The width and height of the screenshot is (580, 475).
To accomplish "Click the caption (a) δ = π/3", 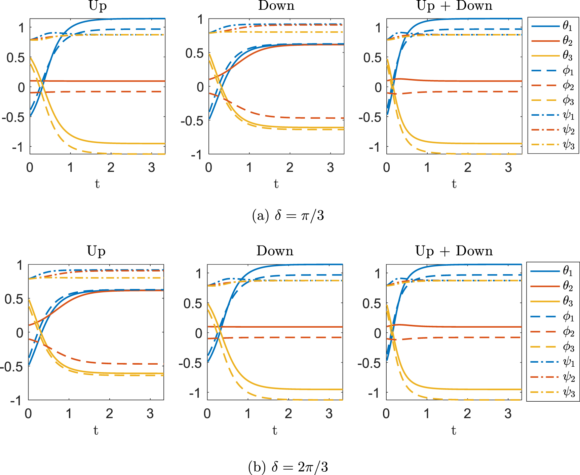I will click(x=288, y=215).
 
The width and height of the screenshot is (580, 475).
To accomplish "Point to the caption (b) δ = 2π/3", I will click(x=288, y=467).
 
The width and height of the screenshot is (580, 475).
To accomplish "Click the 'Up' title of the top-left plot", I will click(x=98, y=6).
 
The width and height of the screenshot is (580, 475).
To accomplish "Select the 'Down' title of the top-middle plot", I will click(x=276, y=6).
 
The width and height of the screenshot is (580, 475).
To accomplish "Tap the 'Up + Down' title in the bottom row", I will click(x=454, y=251).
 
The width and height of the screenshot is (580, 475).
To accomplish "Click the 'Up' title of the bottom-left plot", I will click(x=96, y=251).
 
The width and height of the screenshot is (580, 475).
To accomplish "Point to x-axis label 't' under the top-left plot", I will click(x=97, y=184).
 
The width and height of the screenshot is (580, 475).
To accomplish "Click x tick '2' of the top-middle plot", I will click(x=290, y=167).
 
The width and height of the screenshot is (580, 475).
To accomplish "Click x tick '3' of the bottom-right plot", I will click(x=508, y=413).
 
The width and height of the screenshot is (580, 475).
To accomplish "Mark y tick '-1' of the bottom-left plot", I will click(x=16, y=400).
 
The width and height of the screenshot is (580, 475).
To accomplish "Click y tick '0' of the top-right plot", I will click(x=378, y=87).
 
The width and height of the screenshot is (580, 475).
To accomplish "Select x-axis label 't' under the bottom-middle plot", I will click(x=275, y=430).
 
